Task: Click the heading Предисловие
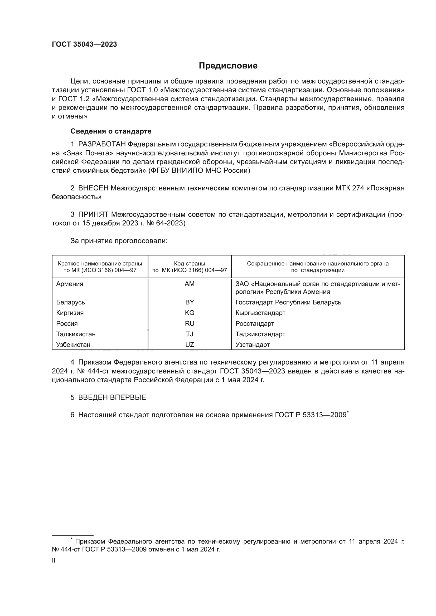point(228,66)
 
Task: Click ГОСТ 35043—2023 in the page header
point(84,45)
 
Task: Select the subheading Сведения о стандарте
point(111,131)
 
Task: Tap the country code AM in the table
point(190,284)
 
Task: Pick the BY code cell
point(190,302)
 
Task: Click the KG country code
point(190,313)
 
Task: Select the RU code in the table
point(190,324)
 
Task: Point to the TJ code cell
point(190,334)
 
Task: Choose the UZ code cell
point(190,345)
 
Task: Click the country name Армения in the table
point(70,284)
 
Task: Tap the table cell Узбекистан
point(73,345)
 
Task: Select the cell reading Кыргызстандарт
point(260,313)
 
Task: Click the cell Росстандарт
point(255,324)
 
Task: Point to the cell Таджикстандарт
point(260,334)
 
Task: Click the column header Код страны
point(190,264)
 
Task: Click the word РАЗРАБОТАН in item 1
point(102,144)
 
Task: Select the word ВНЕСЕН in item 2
point(93,188)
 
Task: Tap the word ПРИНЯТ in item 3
point(93,214)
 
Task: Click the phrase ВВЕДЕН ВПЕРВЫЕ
point(112,397)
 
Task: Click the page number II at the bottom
point(54,560)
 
